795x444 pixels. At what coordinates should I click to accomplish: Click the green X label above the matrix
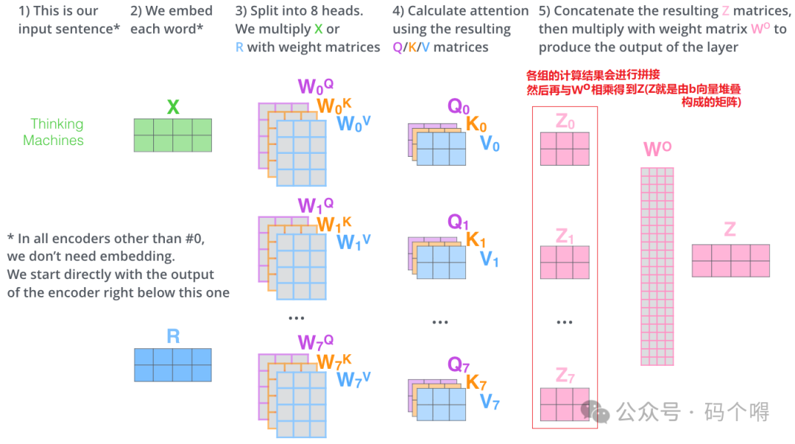click(173, 108)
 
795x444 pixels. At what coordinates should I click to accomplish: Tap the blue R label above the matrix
click(173, 337)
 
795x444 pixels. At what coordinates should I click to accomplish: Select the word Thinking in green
click(57, 124)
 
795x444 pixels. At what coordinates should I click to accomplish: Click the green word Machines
click(53, 140)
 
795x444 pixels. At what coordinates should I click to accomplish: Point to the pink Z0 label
click(565, 121)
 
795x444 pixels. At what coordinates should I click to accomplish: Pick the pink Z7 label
click(565, 376)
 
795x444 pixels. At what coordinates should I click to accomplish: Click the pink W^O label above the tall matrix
click(657, 150)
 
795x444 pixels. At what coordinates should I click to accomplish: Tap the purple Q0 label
click(459, 106)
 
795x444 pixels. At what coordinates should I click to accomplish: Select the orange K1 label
click(476, 240)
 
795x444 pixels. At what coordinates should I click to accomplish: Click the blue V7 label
click(490, 402)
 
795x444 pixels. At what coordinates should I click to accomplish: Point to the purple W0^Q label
click(315, 87)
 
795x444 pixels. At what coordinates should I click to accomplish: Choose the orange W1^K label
click(333, 223)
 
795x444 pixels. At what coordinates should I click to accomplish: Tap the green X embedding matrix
click(173, 135)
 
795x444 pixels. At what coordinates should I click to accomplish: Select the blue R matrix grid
click(173, 364)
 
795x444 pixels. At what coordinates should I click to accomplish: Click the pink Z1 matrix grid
click(565, 262)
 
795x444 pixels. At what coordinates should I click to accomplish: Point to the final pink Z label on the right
click(729, 229)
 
